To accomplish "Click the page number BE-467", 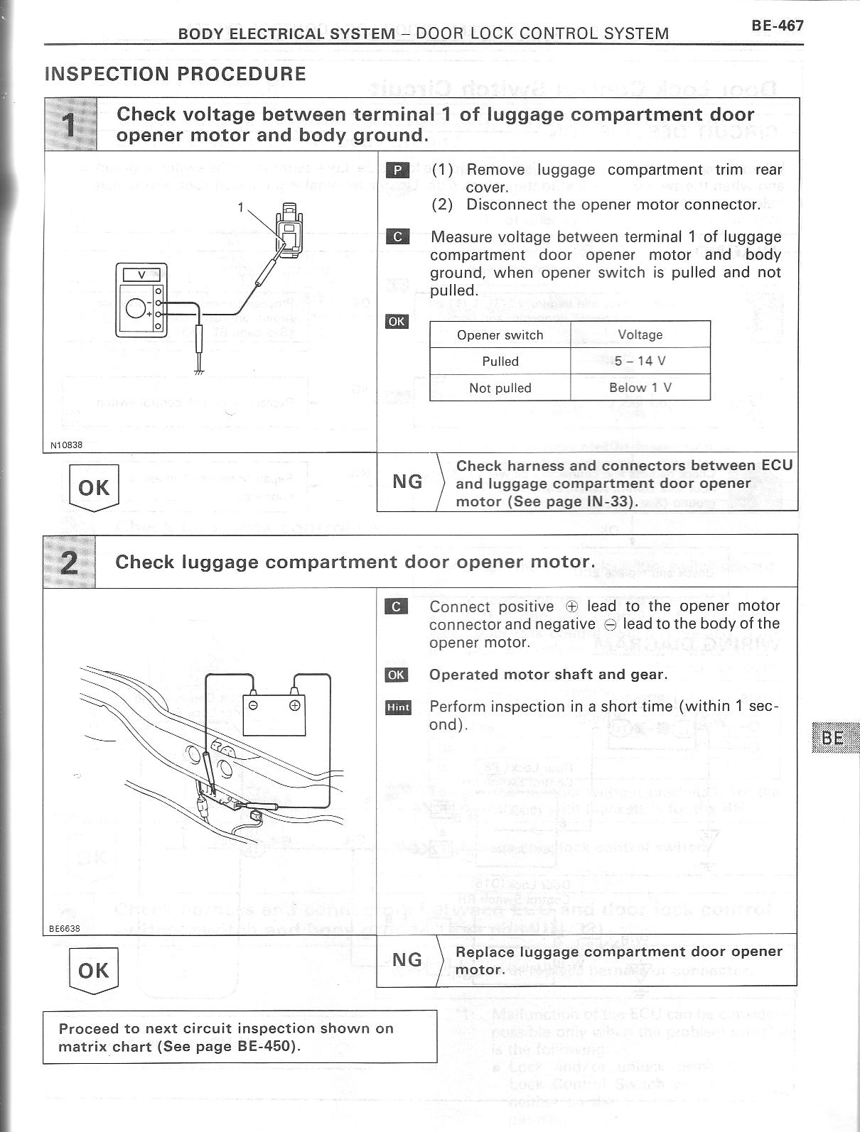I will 777,26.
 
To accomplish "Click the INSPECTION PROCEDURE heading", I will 176,74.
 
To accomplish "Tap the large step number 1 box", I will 70,125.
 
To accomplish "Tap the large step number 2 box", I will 70,562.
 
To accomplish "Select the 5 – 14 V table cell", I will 640,361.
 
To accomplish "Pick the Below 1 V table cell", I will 640,388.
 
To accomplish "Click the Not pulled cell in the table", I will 500,388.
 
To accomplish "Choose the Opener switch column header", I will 500,335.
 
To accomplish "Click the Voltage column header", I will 640,334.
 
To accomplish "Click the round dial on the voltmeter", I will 136,308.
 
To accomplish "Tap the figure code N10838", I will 66,445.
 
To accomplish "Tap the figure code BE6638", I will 64,928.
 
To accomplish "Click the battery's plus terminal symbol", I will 294,706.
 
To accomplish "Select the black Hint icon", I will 398,707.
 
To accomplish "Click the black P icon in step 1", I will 397,170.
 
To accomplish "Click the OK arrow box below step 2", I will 93,972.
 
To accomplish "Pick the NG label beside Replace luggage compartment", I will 407,960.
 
